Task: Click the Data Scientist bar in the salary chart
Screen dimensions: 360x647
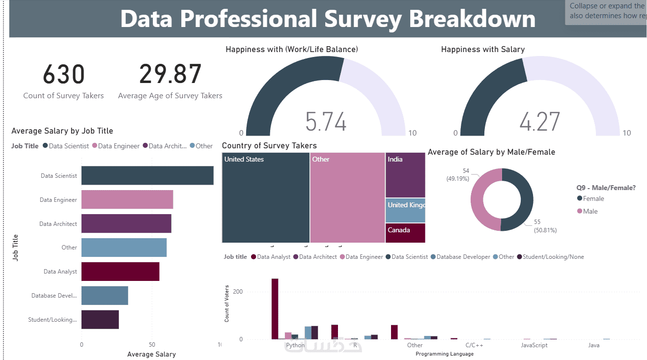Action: click(x=147, y=175)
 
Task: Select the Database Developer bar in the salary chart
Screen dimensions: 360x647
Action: click(x=105, y=296)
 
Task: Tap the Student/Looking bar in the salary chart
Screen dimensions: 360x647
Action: click(x=100, y=320)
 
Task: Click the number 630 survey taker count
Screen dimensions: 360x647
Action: click(x=64, y=75)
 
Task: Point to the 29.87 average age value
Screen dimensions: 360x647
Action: click(x=170, y=75)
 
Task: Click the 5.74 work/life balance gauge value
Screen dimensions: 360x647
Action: click(x=326, y=121)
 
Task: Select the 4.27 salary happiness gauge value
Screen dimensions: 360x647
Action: click(x=539, y=121)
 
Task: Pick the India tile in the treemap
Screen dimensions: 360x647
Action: click(x=405, y=175)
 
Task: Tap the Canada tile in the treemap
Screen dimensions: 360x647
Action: click(x=405, y=233)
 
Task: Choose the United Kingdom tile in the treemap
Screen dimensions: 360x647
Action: click(x=405, y=210)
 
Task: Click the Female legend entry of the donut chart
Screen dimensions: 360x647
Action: click(x=593, y=198)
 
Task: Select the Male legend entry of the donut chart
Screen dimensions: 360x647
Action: click(x=590, y=211)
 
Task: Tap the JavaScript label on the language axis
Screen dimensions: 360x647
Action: click(x=534, y=345)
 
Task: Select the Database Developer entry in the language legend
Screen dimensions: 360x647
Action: click(x=463, y=257)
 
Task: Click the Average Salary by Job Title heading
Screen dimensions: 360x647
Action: click(x=62, y=131)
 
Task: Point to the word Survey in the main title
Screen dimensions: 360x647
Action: click(x=363, y=19)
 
